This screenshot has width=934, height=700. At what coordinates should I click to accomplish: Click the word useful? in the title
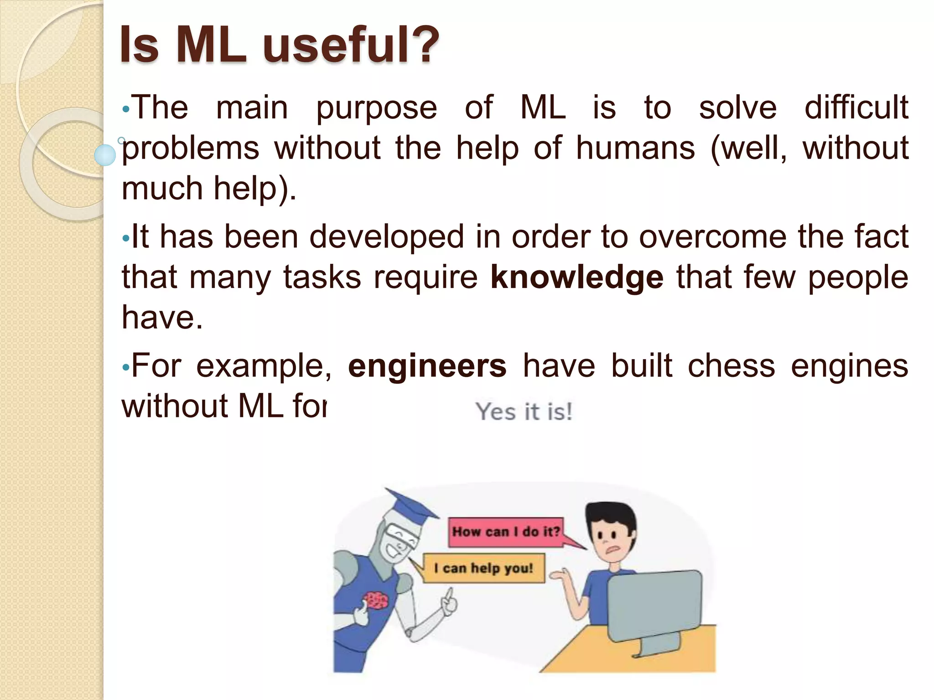coord(351,45)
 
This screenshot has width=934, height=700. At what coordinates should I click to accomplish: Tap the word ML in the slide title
coord(211,45)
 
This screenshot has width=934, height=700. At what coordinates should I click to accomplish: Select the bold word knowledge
coord(576,277)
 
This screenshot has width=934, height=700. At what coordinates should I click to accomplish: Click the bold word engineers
coord(427,366)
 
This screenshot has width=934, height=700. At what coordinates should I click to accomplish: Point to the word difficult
coord(856,108)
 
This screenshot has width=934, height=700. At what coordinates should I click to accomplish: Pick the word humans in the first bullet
coord(635,148)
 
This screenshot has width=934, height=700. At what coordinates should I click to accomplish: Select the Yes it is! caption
coord(524,412)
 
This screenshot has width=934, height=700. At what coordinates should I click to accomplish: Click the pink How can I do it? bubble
coord(505,532)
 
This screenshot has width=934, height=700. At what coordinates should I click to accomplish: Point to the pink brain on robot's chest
coord(375,600)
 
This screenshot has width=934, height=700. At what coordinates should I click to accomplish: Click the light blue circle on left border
coord(105,155)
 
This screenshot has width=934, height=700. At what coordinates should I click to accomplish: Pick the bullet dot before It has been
coord(126,238)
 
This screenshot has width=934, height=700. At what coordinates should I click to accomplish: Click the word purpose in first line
coord(376,108)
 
